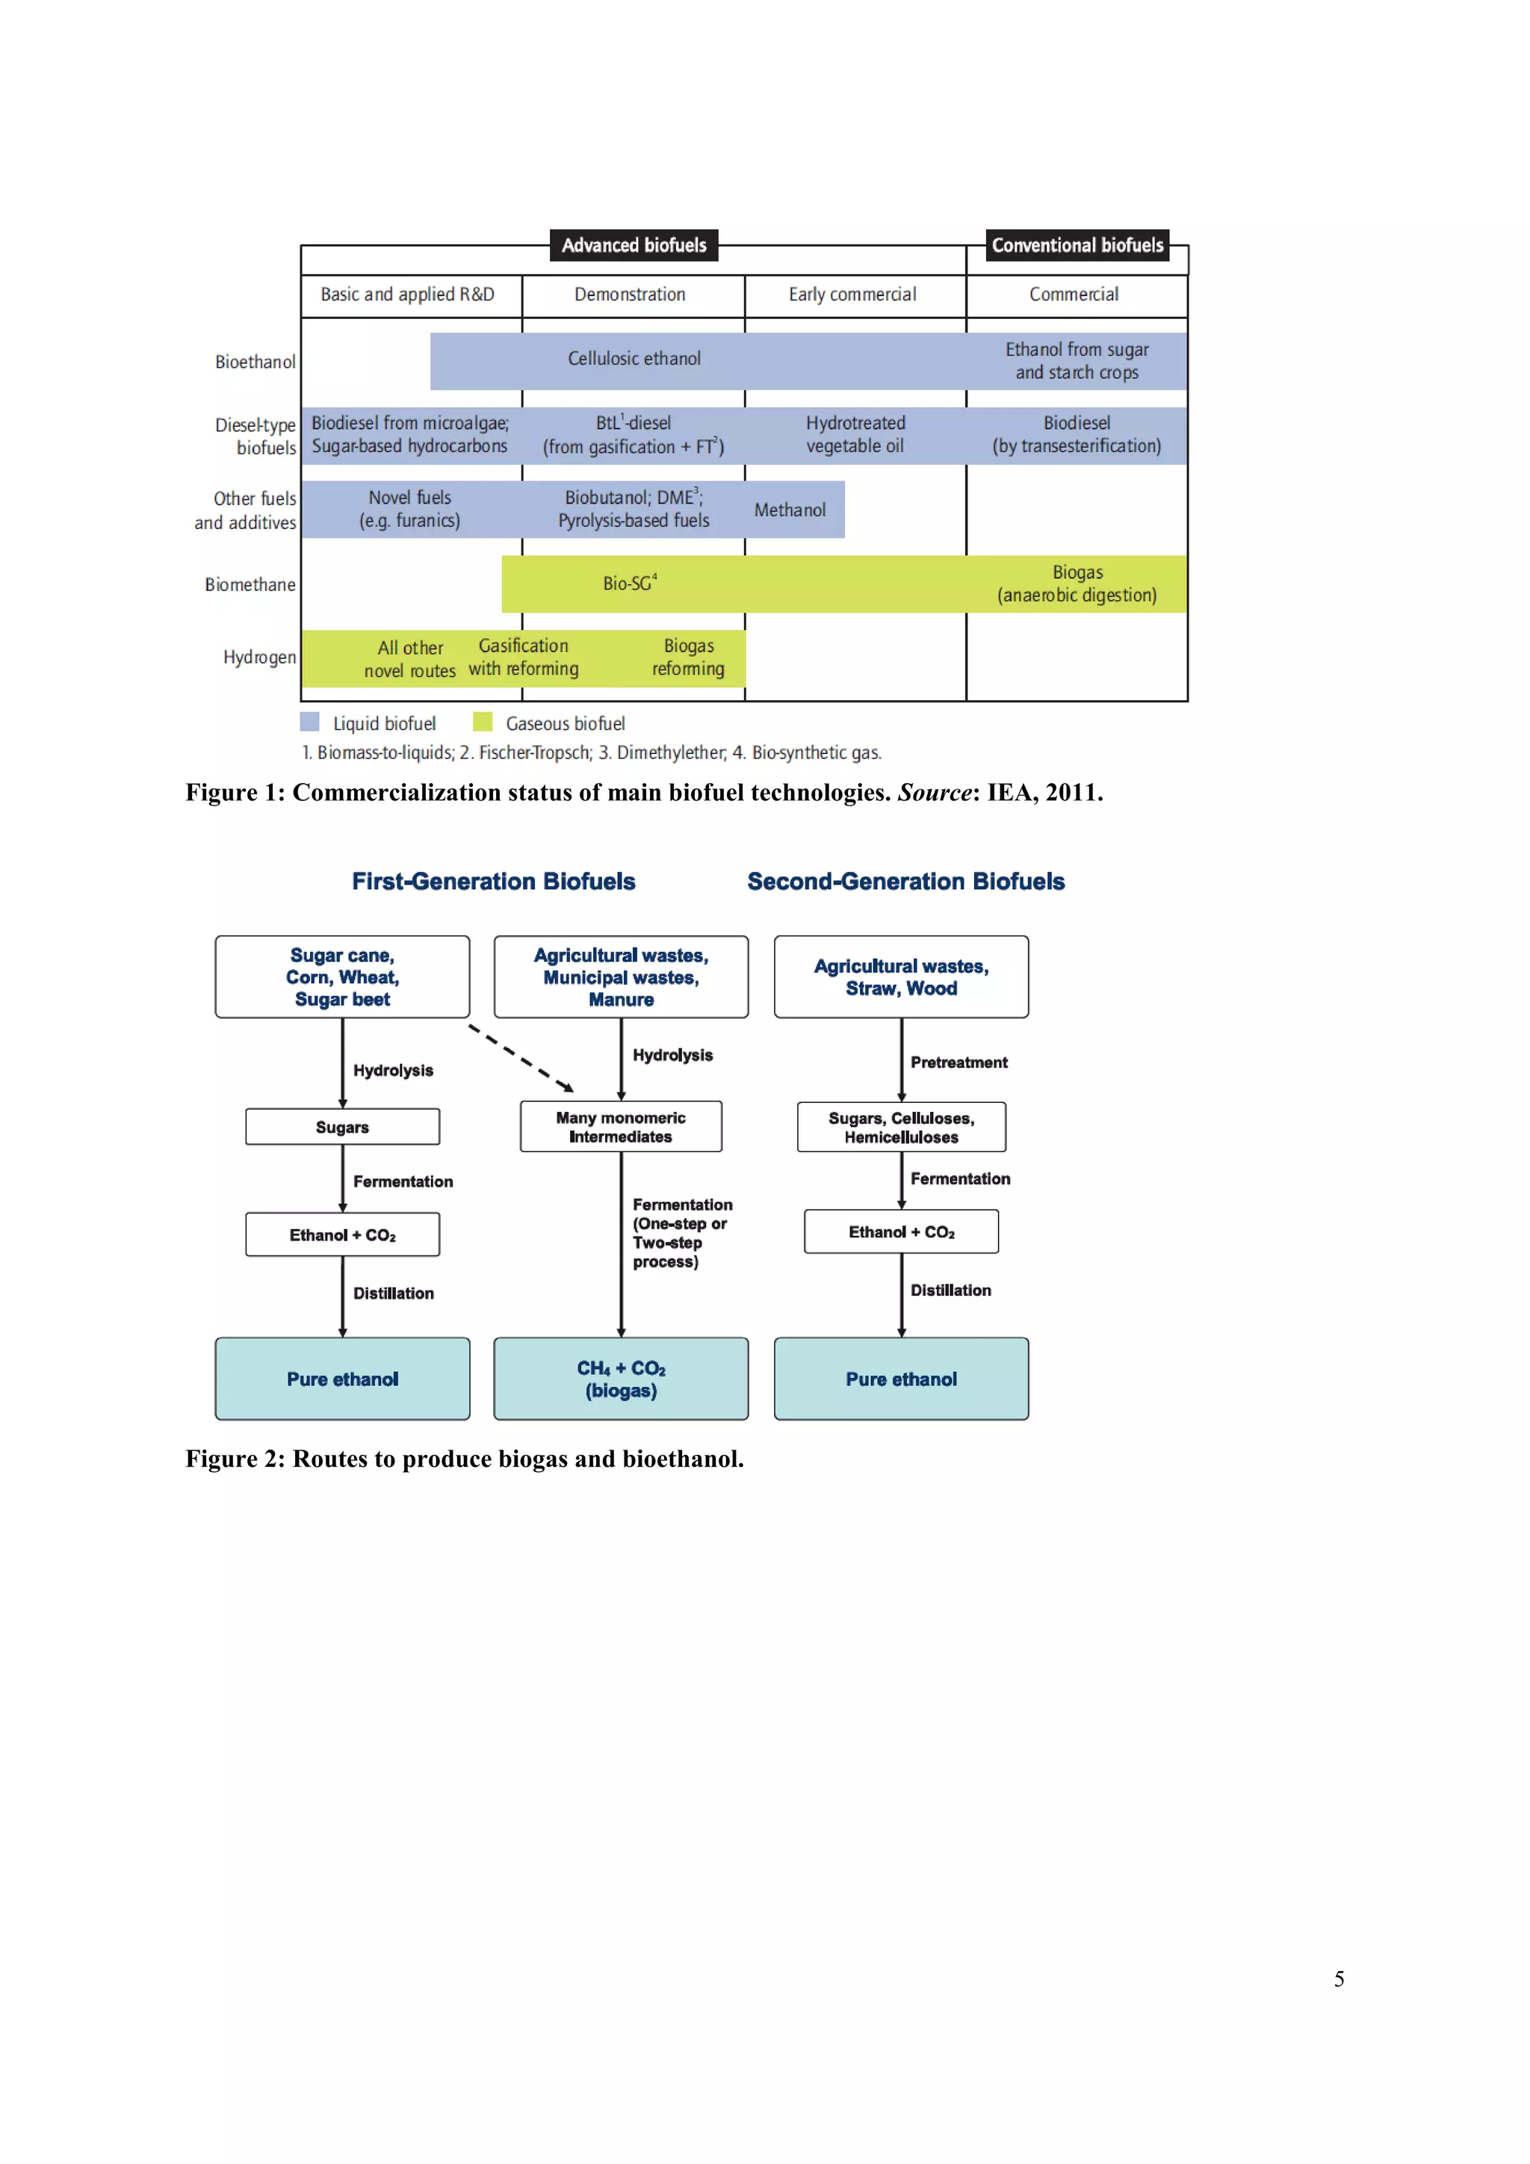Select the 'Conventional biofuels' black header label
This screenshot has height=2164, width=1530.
pos(1077,245)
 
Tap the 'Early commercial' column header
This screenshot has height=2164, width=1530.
pos(852,294)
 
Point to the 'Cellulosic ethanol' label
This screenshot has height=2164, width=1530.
pos(634,358)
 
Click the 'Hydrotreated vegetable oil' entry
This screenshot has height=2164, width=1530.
pos(855,434)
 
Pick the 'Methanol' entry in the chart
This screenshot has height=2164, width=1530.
pos(790,510)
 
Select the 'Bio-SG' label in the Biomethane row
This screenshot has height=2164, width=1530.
pos(629,584)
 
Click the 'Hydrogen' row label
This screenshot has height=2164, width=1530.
pos(259,657)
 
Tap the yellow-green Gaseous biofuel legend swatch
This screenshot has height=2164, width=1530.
pos(483,722)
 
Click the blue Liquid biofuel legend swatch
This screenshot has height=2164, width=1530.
pos(309,722)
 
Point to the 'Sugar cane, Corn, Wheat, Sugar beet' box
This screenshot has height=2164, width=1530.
pos(342,977)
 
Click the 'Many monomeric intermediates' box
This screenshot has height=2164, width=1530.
pos(621,1126)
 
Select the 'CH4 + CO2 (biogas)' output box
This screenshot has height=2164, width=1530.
pos(621,1378)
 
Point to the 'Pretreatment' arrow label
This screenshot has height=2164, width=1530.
pos(958,1063)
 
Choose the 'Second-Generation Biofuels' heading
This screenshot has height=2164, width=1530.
pos(905,881)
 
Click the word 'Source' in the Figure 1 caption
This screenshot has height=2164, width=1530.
pos(935,793)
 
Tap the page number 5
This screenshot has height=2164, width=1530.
pos(1339,1979)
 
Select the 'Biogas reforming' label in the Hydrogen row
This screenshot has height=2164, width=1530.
pos(688,657)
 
